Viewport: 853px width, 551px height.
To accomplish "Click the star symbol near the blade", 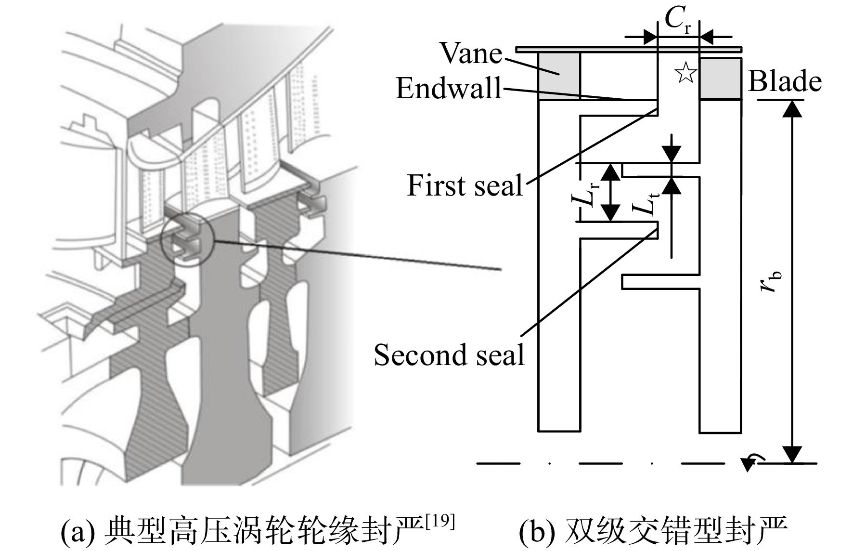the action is coord(685,73).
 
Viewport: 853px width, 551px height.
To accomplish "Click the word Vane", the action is coord(471,53).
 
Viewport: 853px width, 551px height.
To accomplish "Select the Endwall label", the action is coord(449,88).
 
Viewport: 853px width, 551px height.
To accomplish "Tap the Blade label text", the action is coord(785,81).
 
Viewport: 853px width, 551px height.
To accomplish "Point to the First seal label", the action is coord(465,185).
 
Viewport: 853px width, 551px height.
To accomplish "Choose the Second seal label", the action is coord(449,355).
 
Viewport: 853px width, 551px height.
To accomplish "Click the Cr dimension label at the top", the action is coord(678,19).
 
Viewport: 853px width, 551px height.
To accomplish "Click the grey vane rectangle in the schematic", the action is coord(559,76).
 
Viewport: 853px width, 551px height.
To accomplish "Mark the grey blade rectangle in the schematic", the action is coord(720,79).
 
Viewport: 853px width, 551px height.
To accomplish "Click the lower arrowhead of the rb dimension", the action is coord(792,454).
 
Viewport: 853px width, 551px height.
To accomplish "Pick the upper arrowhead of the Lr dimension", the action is coord(611,172).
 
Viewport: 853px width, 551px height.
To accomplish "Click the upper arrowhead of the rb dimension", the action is coord(792,109).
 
